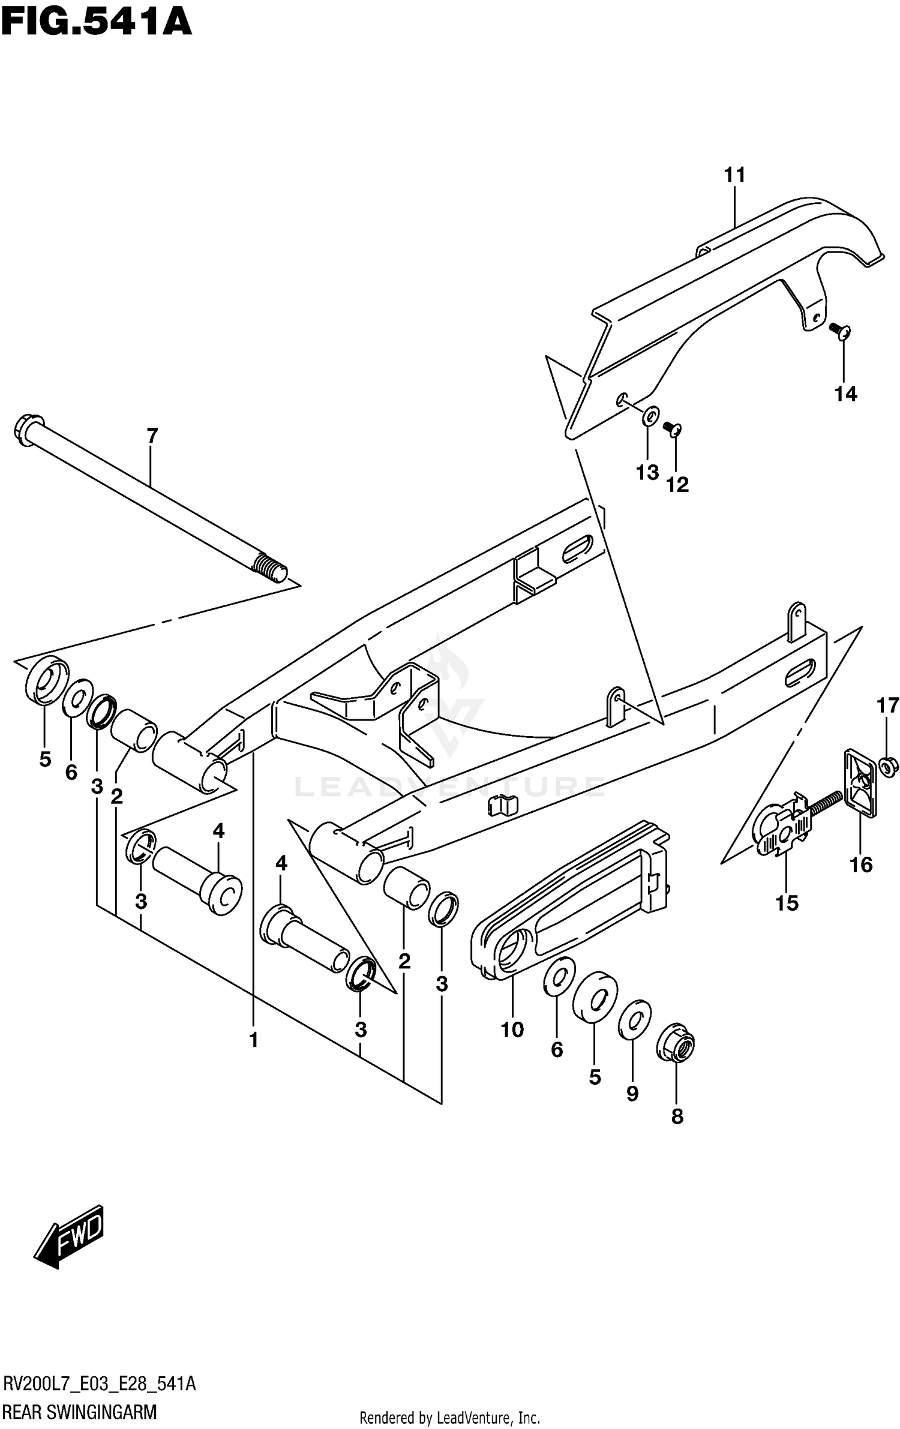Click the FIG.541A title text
coord(96,23)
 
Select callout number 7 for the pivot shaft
coord(152,436)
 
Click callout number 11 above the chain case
coord(734,175)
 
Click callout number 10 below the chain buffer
coord(512,1029)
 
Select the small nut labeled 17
coord(887,766)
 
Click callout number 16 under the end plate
coord(860,864)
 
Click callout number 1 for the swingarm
coord(253,1040)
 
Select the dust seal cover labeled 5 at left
coord(45,680)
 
